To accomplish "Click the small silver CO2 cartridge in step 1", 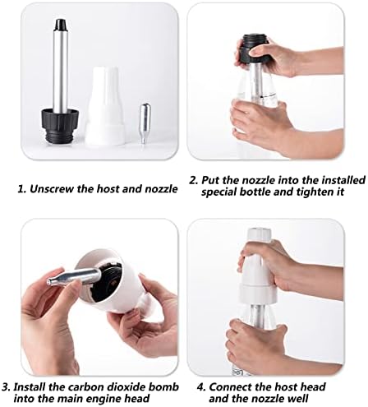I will (145, 123).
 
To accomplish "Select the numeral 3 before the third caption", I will (5, 386).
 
